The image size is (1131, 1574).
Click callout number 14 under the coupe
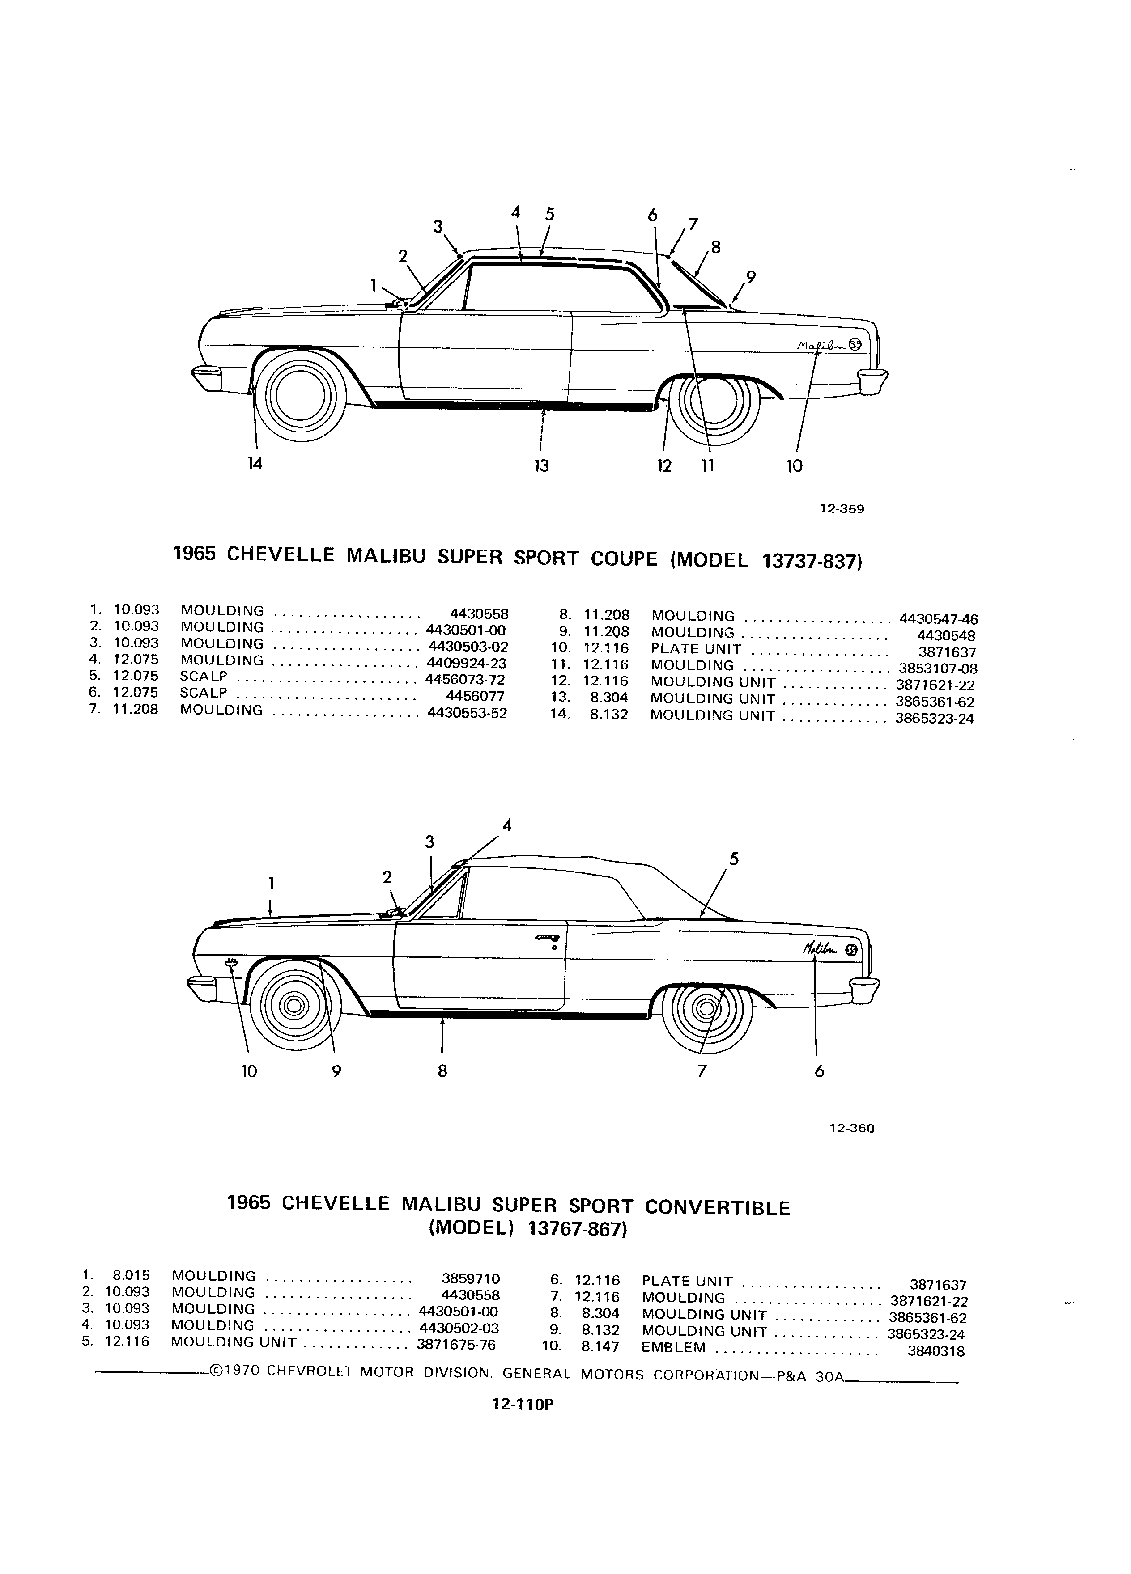pyautogui.click(x=255, y=464)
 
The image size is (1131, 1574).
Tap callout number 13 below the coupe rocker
pyautogui.click(x=541, y=465)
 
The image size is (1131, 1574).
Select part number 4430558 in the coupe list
pyautogui.click(x=480, y=614)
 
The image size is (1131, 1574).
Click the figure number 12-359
pyautogui.click(x=842, y=509)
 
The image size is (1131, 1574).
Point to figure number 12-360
pyautogui.click(x=852, y=1129)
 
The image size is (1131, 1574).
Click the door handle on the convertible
pyautogui.click(x=546, y=939)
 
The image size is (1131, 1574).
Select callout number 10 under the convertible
pyautogui.click(x=249, y=1071)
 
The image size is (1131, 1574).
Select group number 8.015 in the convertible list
pyautogui.click(x=131, y=1274)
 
